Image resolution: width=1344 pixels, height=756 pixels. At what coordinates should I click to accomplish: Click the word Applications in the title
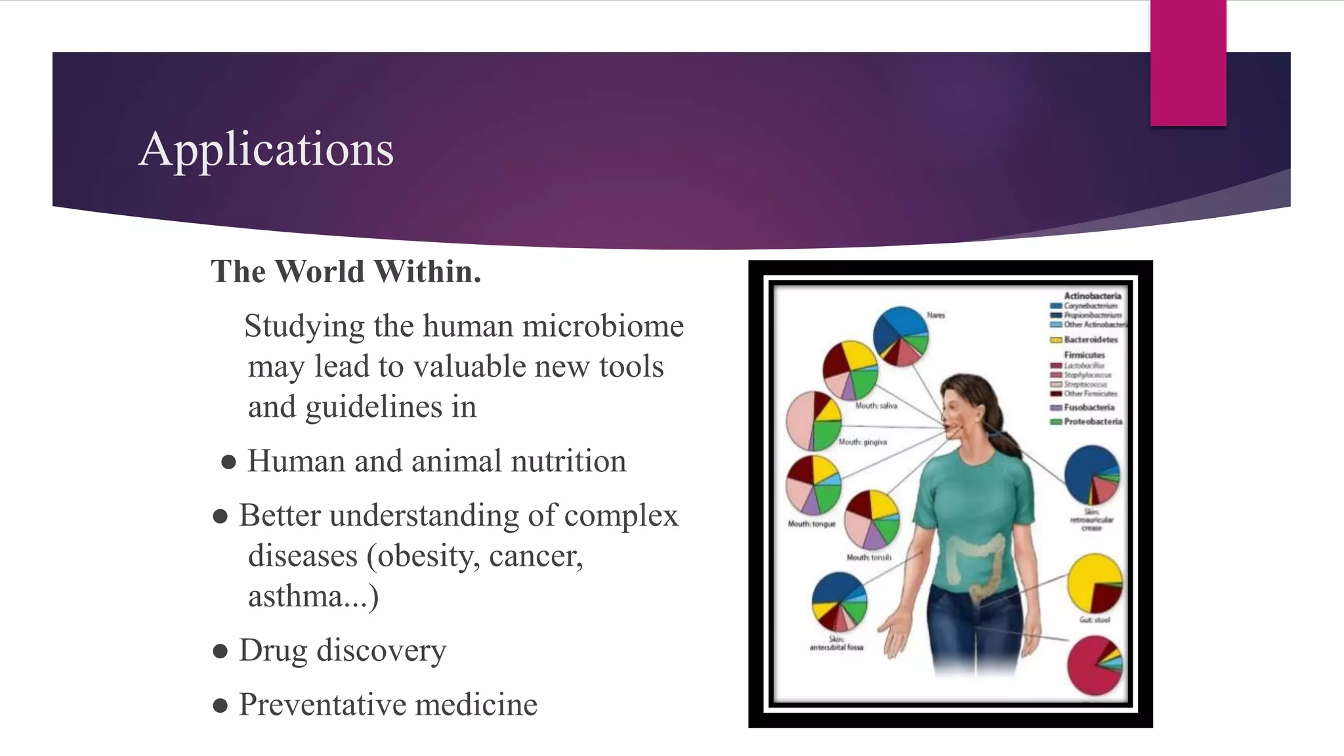click(266, 149)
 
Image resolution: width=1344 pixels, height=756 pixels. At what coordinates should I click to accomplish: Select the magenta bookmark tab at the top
click(1188, 63)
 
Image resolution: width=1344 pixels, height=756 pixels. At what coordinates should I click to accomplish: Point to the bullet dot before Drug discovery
click(220, 652)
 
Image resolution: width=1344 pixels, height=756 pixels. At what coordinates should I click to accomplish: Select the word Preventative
click(322, 705)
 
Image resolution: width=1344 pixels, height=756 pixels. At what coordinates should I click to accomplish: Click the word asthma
click(295, 597)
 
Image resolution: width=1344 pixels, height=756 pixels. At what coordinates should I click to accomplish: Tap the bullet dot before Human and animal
click(228, 462)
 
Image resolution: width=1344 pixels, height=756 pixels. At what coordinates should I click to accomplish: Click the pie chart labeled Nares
click(901, 335)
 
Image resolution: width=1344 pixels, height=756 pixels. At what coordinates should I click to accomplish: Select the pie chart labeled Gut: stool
click(1095, 583)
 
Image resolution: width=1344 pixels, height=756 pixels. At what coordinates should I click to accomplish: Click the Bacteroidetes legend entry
click(1090, 340)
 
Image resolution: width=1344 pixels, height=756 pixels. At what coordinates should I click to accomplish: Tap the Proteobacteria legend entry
click(1092, 421)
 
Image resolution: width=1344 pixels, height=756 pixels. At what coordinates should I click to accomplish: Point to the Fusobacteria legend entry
click(1089, 408)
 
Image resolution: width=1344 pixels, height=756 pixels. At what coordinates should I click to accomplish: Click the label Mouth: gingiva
click(862, 442)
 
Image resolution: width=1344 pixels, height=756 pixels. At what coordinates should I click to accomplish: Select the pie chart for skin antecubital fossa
click(839, 601)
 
